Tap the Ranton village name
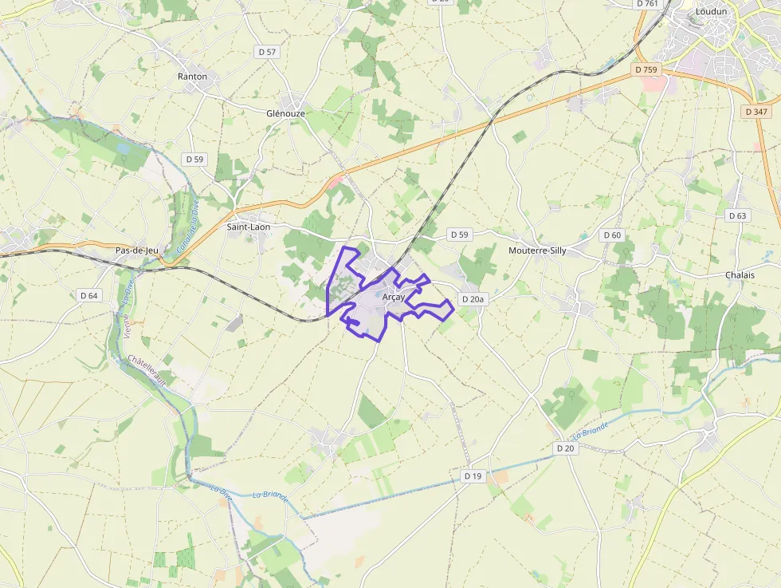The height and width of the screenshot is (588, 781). tap(192, 77)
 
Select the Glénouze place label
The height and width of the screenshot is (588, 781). tap(285, 113)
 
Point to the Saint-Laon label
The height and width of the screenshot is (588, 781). tap(249, 227)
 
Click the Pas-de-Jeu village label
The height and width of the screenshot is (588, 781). tap(137, 251)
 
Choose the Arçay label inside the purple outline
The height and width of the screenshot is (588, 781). tap(394, 297)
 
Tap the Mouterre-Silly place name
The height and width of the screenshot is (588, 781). tap(537, 251)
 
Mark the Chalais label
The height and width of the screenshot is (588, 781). tap(740, 274)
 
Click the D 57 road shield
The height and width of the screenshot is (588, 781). tap(268, 52)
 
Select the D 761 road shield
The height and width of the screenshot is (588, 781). tap(649, 4)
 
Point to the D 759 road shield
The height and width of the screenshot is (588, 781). tap(647, 70)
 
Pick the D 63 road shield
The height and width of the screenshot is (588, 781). tap(738, 215)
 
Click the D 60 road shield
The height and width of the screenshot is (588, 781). tap(611, 235)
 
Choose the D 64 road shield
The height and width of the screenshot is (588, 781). tap(89, 295)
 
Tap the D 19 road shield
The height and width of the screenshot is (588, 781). tap(473, 476)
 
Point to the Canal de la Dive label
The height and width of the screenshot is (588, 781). tap(187, 231)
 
